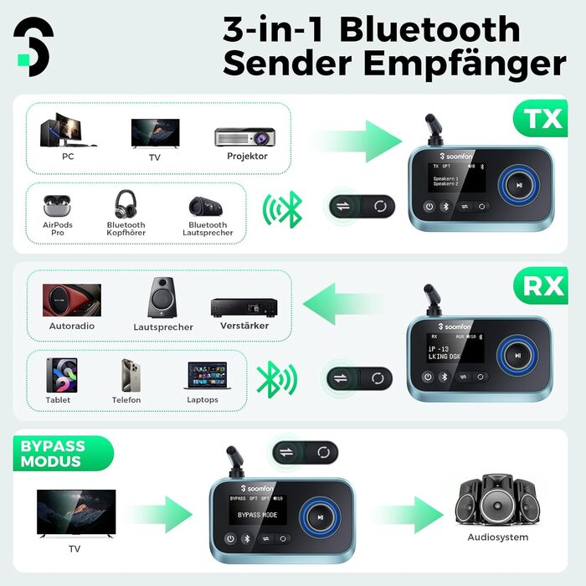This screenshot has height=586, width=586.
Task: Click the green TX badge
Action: (x=542, y=118)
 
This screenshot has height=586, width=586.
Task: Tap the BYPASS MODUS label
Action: (x=52, y=453)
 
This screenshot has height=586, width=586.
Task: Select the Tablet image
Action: (x=60, y=374)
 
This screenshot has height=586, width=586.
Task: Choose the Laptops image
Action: (x=202, y=375)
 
